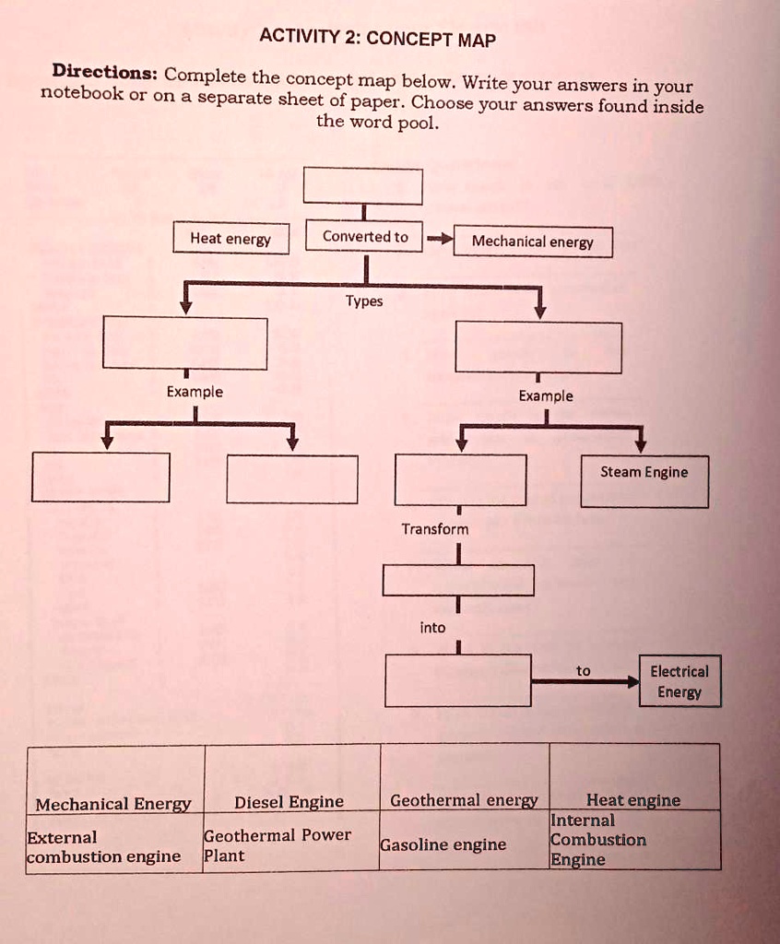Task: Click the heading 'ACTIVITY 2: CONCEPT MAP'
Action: (378, 39)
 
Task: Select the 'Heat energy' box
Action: (230, 239)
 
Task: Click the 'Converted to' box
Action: (364, 237)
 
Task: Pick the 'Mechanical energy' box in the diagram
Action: (533, 242)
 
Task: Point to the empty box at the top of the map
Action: (362, 186)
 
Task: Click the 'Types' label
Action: (364, 301)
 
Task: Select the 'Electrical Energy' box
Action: (680, 681)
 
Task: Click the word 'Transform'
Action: (434, 529)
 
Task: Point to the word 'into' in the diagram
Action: (432, 628)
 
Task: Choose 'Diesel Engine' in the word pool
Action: (289, 802)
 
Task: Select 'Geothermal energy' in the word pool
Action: (464, 800)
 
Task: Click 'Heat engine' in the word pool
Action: (632, 800)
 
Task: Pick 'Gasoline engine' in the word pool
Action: (443, 844)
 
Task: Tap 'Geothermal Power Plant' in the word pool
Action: (277, 844)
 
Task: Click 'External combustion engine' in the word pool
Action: (103, 847)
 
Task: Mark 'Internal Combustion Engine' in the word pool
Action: (597, 840)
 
